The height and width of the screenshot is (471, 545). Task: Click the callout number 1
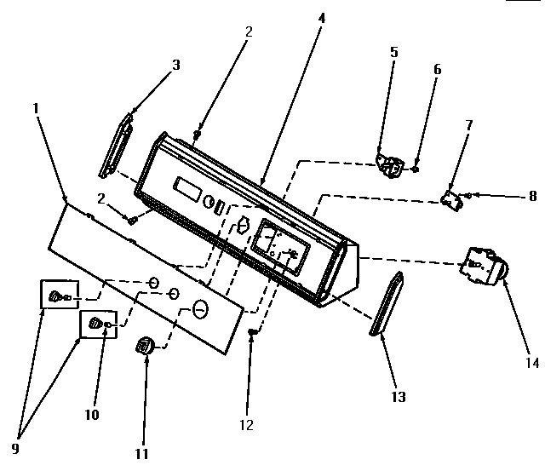(x=37, y=108)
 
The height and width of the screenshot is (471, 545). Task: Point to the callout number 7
(x=468, y=125)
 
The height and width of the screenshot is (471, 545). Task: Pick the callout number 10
(x=91, y=416)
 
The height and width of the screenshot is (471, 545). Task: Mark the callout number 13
(x=398, y=397)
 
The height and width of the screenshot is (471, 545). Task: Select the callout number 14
(x=531, y=363)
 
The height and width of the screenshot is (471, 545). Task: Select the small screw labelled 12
(x=252, y=331)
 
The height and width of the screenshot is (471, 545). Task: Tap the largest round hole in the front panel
(x=201, y=307)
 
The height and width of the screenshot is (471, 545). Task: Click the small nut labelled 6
(x=415, y=169)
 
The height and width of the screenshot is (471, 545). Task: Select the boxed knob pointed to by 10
(x=96, y=324)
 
